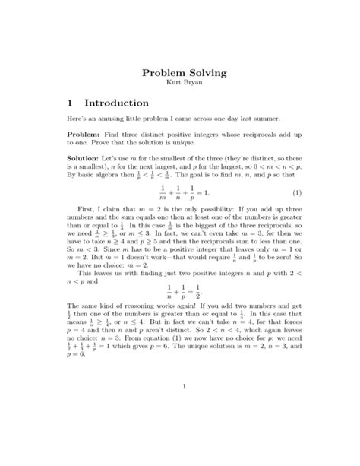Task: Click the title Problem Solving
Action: tap(180, 74)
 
